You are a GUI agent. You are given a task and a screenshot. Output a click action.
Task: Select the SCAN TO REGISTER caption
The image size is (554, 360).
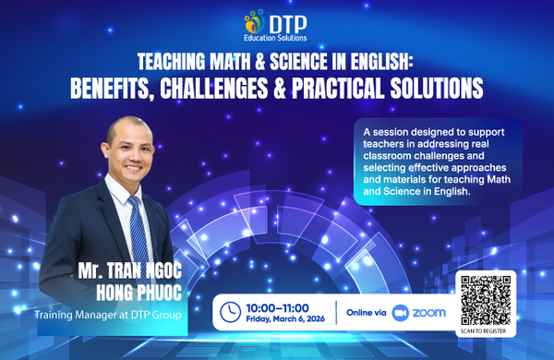486,330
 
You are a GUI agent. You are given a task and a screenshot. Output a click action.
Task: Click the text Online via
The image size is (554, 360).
366,313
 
